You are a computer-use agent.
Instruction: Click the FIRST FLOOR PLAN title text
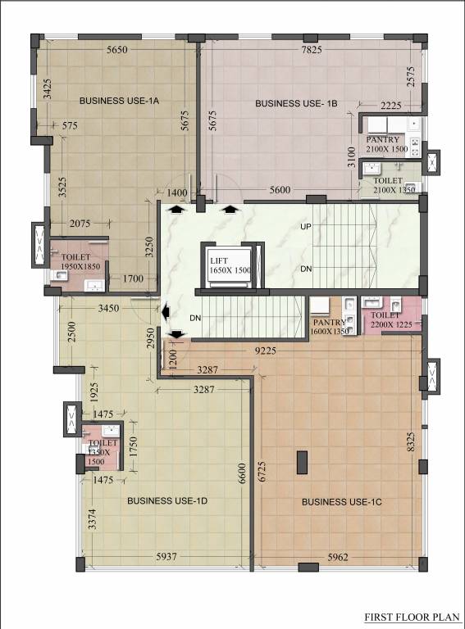(x=413, y=617)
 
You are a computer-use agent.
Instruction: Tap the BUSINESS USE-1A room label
(x=118, y=101)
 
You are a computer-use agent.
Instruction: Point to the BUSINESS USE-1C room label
(x=337, y=501)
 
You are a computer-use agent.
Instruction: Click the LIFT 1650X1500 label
(x=229, y=265)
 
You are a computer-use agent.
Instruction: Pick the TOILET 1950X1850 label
(x=78, y=261)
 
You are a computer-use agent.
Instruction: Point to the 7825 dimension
(x=311, y=51)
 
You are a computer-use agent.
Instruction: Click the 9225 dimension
(x=264, y=350)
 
